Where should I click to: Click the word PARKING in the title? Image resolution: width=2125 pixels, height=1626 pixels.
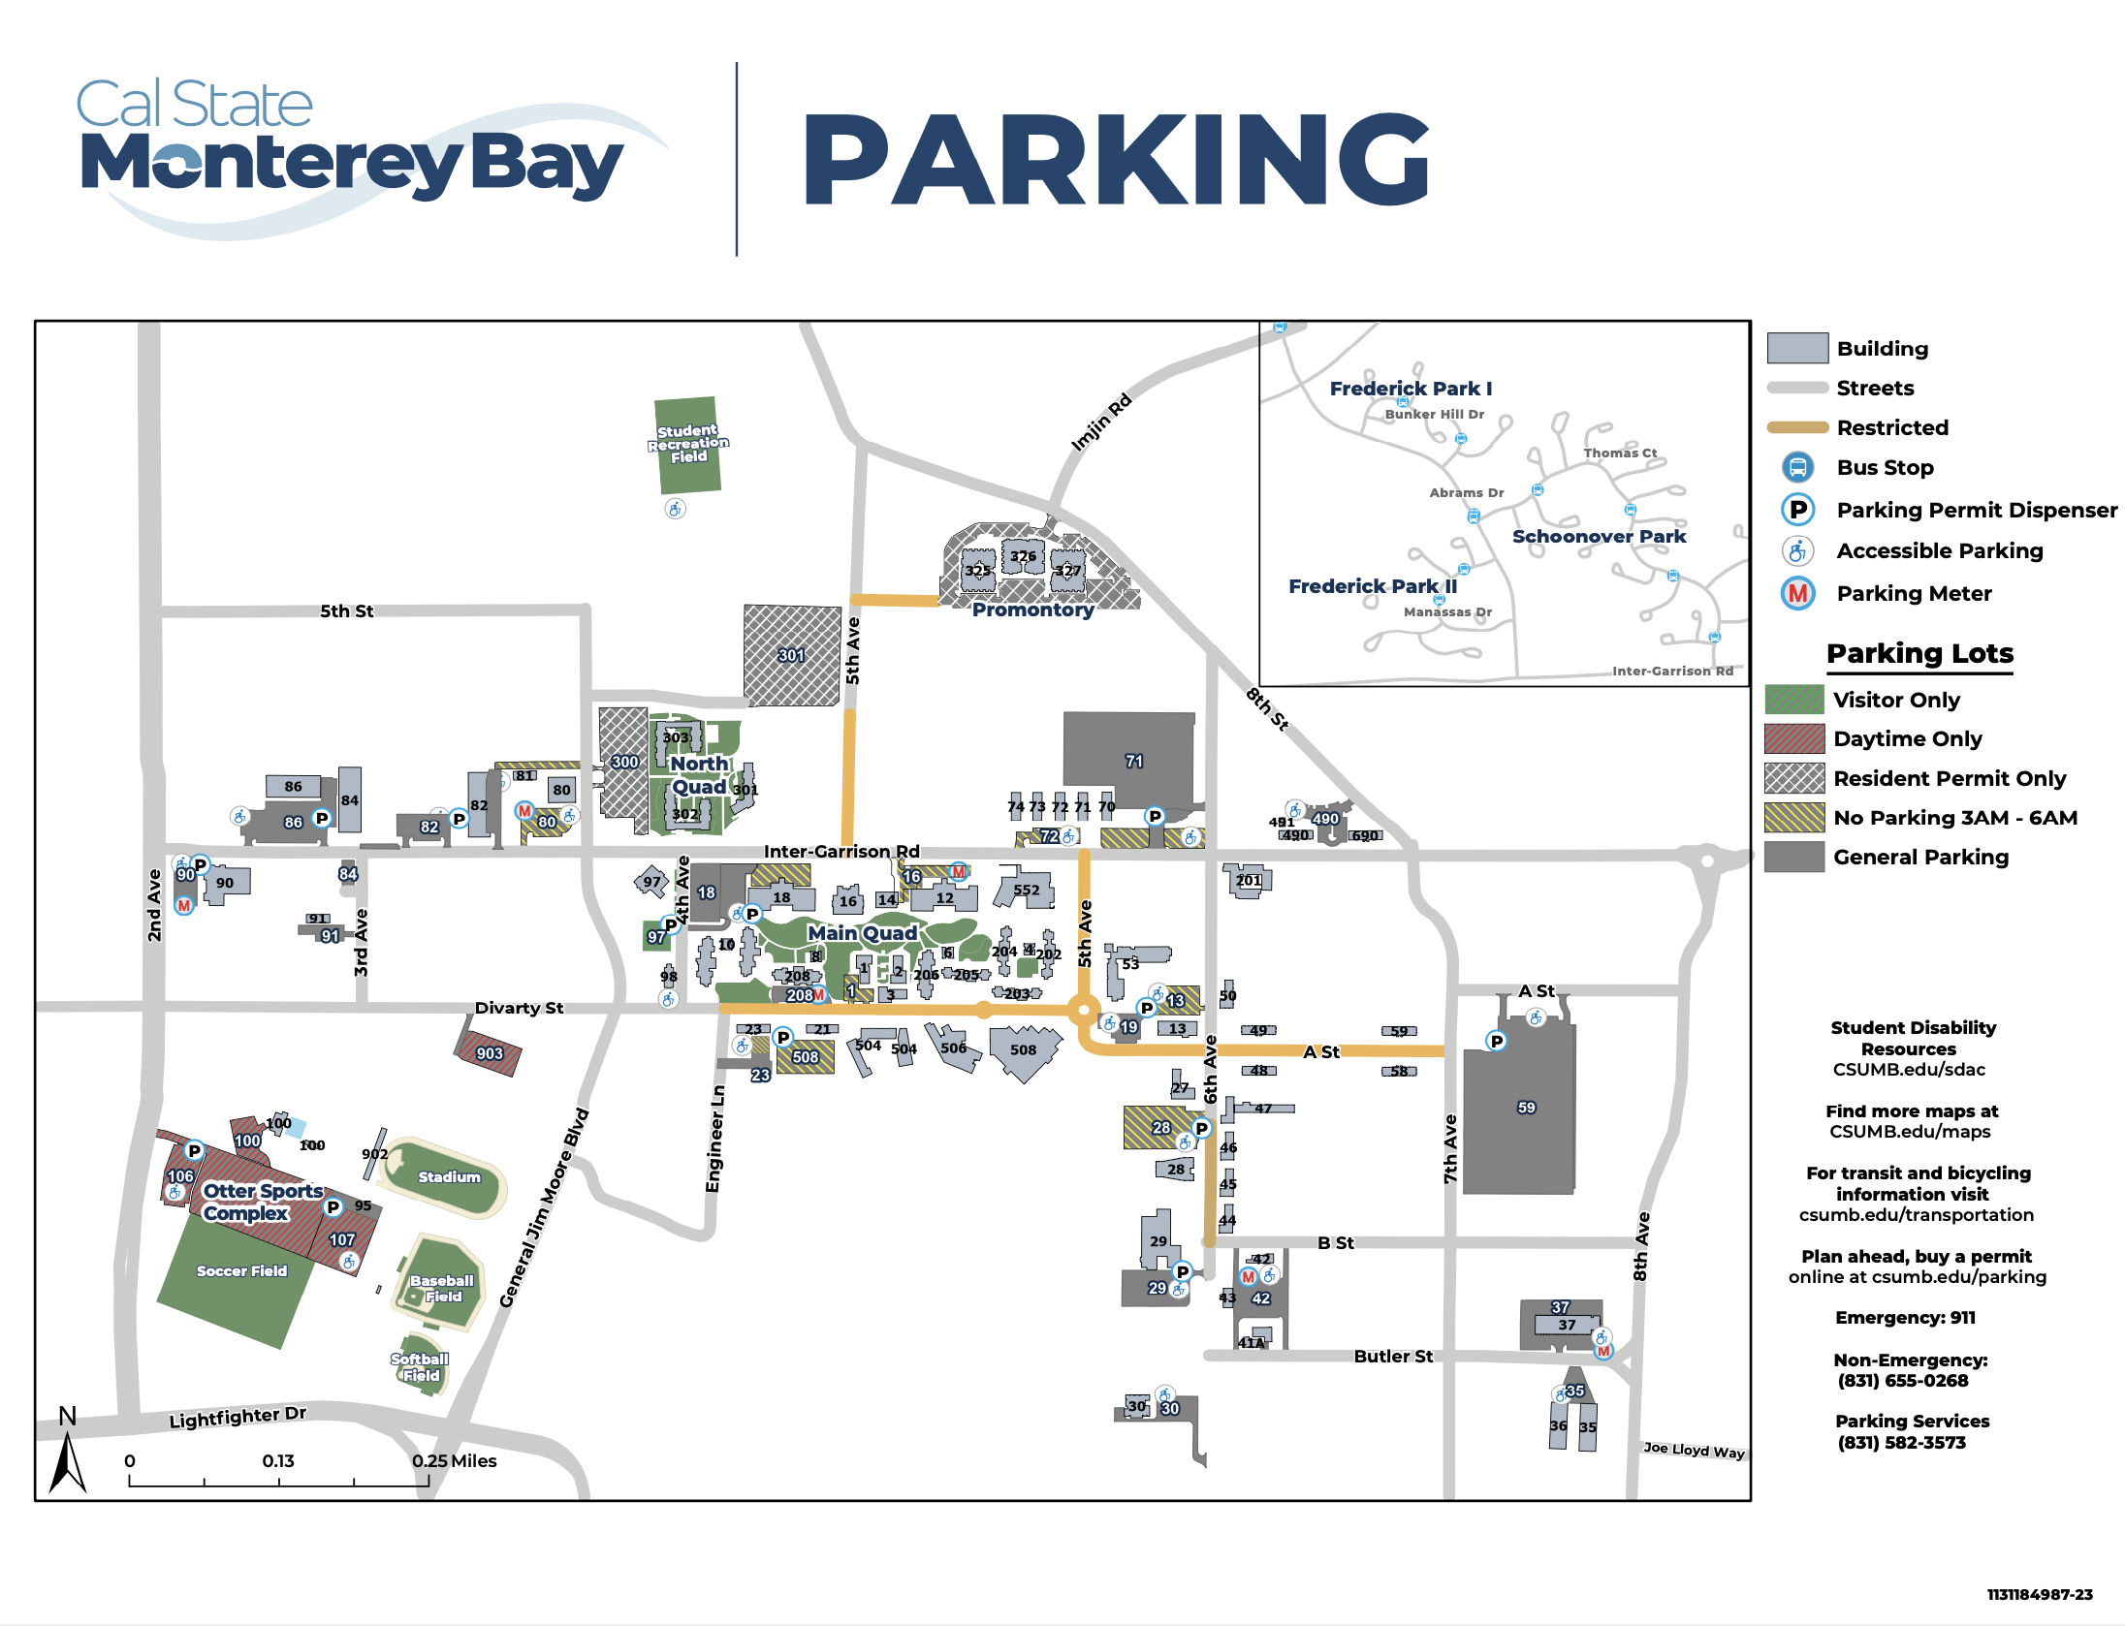(1116, 160)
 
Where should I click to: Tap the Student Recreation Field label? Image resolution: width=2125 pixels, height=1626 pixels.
(688, 444)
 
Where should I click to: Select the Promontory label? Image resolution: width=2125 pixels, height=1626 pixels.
(1032, 610)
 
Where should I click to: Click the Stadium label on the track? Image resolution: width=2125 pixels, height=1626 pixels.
(449, 1176)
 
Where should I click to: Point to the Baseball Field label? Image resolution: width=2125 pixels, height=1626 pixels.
(442, 1288)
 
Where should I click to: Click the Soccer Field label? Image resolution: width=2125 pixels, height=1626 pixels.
(241, 1270)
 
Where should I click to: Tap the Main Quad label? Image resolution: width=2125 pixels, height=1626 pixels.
(862, 932)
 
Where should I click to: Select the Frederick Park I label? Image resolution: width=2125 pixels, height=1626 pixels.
(1411, 389)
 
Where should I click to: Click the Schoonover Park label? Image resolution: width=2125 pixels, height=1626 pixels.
(1599, 536)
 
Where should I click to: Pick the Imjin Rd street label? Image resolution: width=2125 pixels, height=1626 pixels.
(1100, 422)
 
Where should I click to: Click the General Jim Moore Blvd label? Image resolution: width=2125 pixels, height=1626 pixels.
(544, 1207)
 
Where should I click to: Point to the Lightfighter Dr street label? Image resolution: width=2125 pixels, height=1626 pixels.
(238, 1417)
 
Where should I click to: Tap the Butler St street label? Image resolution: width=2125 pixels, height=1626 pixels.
(1393, 1356)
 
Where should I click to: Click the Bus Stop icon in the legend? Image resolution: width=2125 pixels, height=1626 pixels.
(1797, 467)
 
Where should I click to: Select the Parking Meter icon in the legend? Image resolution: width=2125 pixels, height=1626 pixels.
(1797, 593)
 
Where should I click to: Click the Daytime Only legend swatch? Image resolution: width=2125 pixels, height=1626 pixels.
(1794, 738)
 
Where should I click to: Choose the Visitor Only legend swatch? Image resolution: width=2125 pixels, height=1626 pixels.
(1794, 700)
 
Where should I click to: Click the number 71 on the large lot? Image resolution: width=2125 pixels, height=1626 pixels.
(1134, 762)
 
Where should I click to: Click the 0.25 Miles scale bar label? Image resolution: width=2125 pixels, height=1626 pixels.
(454, 1460)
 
